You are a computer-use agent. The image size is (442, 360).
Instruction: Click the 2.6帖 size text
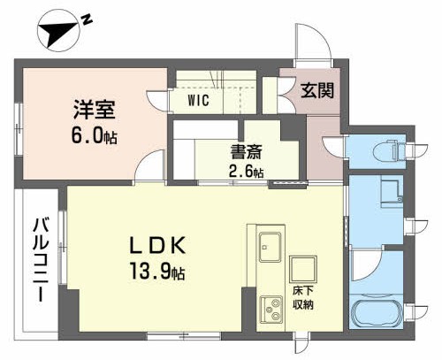click(247, 172)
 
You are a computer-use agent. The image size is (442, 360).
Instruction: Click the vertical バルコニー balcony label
click(40, 261)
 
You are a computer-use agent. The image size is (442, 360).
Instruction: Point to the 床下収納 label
click(303, 299)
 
